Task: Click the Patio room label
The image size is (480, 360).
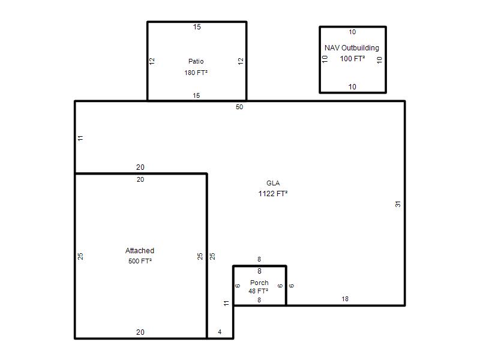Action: coord(196,61)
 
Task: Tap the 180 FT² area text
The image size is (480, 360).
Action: coord(196,73)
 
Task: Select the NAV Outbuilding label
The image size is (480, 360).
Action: coord(352,48)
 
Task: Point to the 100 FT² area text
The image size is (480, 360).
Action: coord(352,58)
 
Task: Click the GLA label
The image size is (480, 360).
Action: coord(273,183)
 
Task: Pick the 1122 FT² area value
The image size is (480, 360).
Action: coord(273,193)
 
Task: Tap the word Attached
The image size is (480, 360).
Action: coord(140,251)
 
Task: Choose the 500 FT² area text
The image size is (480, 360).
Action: coord(140,261)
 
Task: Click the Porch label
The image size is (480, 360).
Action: coord(259,283)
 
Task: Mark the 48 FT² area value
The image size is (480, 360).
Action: coord(259,291)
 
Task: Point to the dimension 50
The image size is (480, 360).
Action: coord(239,107)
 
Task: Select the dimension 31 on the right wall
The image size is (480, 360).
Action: coord(398,204)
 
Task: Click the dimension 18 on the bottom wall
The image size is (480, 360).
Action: coord(345,299)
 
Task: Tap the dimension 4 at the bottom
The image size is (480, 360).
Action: coord(220,332)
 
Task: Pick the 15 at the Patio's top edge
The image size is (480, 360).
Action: coord(197,27)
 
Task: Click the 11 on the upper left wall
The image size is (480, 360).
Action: coord(80,138)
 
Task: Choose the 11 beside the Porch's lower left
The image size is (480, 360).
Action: coord(226,303)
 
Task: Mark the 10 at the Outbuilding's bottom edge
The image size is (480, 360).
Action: coord(352,86)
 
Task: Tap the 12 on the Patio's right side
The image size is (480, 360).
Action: coord(241,61)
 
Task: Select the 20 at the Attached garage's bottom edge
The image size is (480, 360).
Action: coord(140,332)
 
